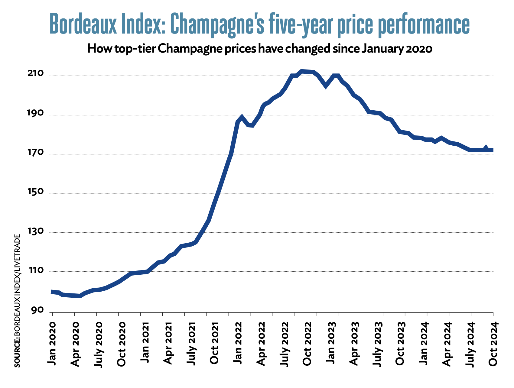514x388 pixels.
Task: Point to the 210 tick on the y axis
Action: [x=36, y=74]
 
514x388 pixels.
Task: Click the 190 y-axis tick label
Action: [x=36, y=113]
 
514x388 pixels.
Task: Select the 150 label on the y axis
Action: [x=36, y=192]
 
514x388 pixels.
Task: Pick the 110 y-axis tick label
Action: [x=36, y=270]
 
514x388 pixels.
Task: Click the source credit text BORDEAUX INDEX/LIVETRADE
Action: [x=17, y=300]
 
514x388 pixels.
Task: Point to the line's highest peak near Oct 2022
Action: [x=302, y=71]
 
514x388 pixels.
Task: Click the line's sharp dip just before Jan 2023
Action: [x=326, y=86]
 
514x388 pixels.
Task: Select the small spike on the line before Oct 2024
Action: [x=486, y=147]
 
